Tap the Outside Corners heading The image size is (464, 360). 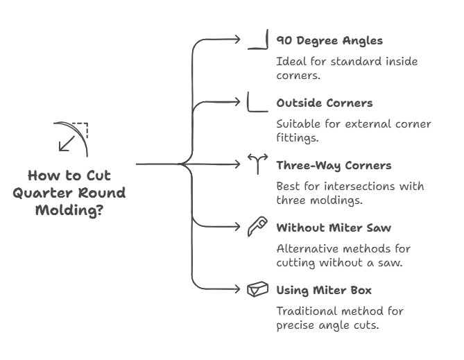coord(324,103)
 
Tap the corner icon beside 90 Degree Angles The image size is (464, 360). coord(258,41)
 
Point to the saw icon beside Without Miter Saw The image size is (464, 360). coord(257,227)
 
